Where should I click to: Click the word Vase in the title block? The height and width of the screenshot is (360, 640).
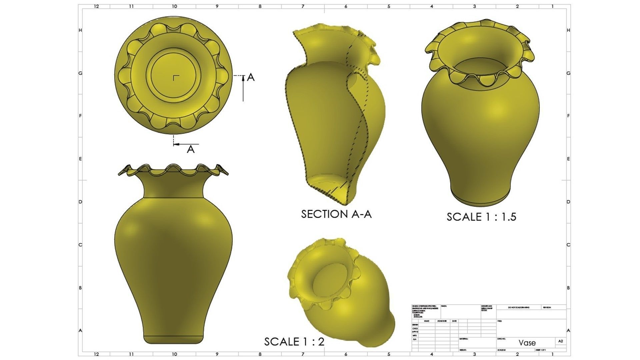527,343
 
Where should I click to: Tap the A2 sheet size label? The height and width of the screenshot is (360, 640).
560,341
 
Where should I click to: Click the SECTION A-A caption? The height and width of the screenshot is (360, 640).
336,214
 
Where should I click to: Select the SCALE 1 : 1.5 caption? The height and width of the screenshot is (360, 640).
481,217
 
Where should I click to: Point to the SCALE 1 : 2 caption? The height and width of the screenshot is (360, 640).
294,342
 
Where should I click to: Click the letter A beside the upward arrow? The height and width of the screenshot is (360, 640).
251,78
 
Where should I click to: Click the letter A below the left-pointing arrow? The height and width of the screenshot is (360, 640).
190,149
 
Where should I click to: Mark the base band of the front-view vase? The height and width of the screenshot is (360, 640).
173,339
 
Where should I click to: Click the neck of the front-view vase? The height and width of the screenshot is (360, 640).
173,188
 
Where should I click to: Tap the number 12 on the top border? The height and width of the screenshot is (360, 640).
96,6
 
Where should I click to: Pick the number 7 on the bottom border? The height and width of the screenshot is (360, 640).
303,354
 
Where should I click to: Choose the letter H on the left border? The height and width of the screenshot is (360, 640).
80,30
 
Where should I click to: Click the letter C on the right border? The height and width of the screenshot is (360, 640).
568,245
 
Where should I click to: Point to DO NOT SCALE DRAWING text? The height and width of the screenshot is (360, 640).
518,308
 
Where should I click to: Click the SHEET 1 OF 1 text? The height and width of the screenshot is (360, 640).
540,350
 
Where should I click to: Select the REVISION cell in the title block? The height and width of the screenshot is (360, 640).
547,308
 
